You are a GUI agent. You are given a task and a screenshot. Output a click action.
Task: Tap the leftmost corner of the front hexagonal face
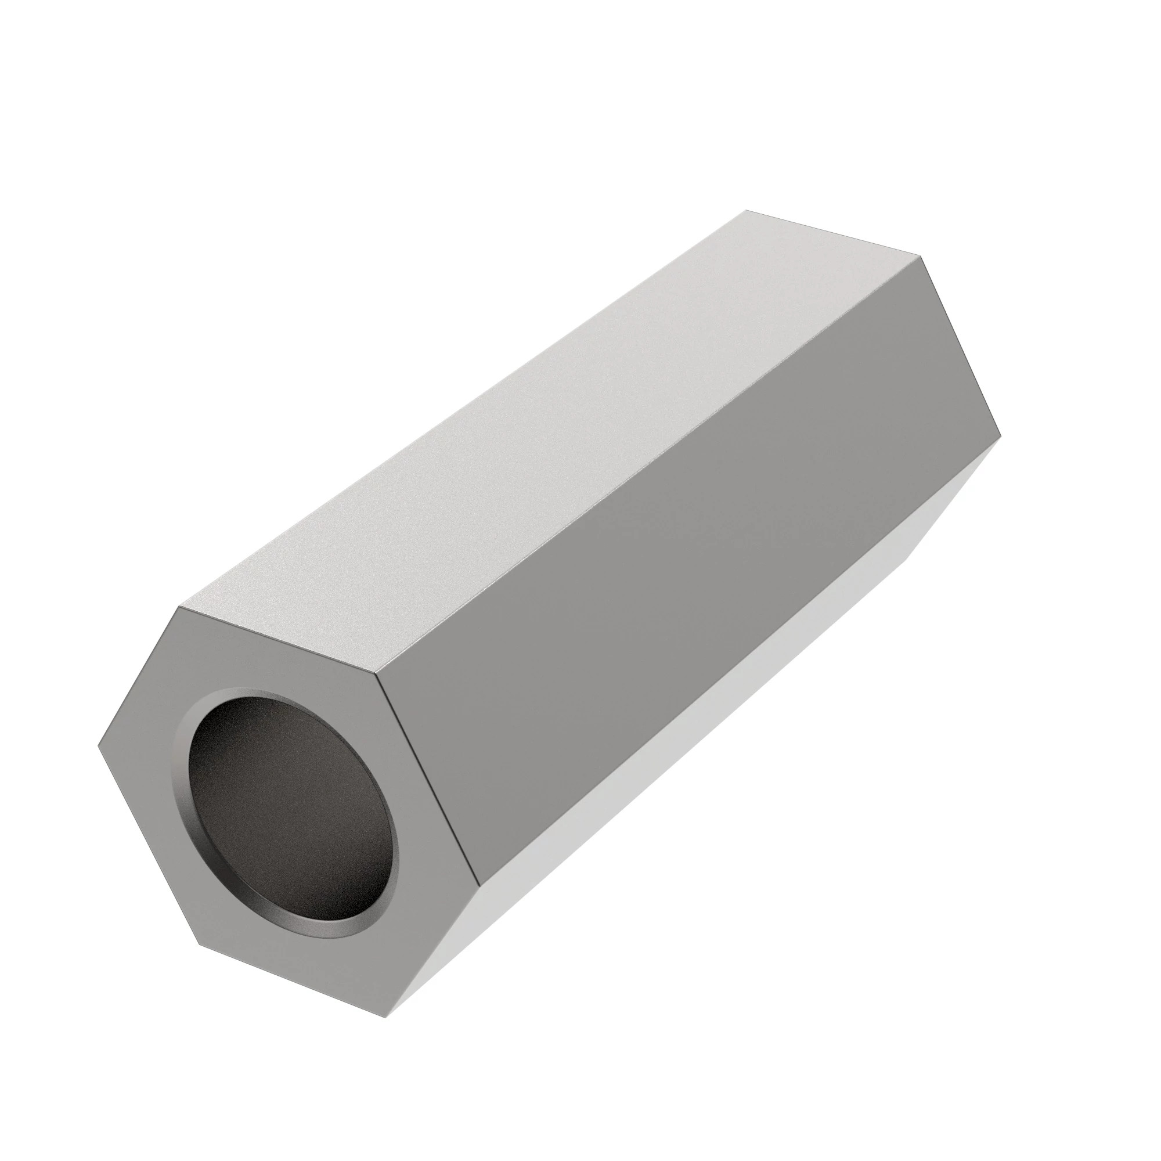pos(98,748)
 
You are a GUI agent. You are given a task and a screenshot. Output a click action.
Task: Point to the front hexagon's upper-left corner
pos(178,608)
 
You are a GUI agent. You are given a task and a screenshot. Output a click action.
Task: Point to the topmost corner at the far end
pos(746,210)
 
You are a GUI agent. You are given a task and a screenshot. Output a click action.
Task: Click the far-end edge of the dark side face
pos(961,345)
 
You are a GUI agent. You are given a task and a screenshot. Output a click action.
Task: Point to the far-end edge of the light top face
pos(834,234)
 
